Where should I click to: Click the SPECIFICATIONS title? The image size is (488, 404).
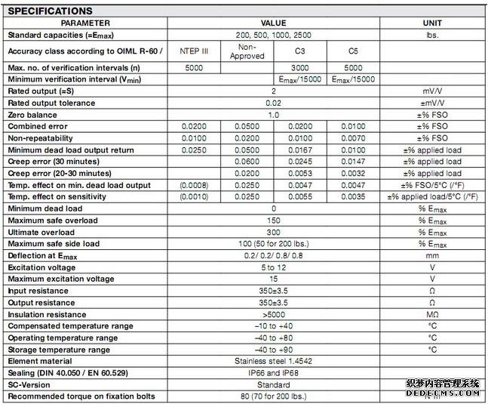(x=50, y=11)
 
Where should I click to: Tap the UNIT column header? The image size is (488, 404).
(x=432, y=23)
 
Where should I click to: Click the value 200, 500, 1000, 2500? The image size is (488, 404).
(x=273, y=35)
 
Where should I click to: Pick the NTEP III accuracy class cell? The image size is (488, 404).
(x=195, y=51)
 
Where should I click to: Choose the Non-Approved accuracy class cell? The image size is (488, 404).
(x=247, y=51)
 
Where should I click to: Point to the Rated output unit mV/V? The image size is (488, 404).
(x=432, y=91)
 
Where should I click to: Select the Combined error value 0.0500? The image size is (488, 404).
(x=247, y=126)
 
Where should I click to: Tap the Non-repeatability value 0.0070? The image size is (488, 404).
(x=352, y=138)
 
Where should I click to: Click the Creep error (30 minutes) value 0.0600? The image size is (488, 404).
(x=247, y=162)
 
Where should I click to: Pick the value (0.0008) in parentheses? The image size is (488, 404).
(x=195, y=185)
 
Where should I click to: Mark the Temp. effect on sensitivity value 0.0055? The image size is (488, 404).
(x=299, y=196)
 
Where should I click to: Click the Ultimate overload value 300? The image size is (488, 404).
(x=273, y=232)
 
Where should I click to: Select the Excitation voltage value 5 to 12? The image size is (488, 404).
(x=273, y=267)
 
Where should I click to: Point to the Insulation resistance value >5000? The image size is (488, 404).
(x=273, y=314)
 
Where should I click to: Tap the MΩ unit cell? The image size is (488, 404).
(x=432, y=314)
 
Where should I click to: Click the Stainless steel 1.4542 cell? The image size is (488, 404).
(x=273, y=361)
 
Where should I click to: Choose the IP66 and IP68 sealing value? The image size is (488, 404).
(x=273, y=373)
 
